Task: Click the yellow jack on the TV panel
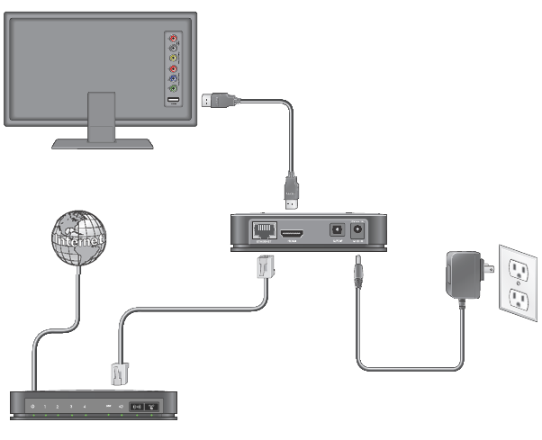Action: [x=174, y=58]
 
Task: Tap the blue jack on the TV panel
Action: [x=174, y=78]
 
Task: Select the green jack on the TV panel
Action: [x=174, y=88]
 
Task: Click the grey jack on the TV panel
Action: [x=174, y=49]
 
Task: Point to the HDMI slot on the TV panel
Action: [x=174, y=100]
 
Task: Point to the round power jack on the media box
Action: [x=358, y=229]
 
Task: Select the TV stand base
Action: [x=103, y=142]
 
